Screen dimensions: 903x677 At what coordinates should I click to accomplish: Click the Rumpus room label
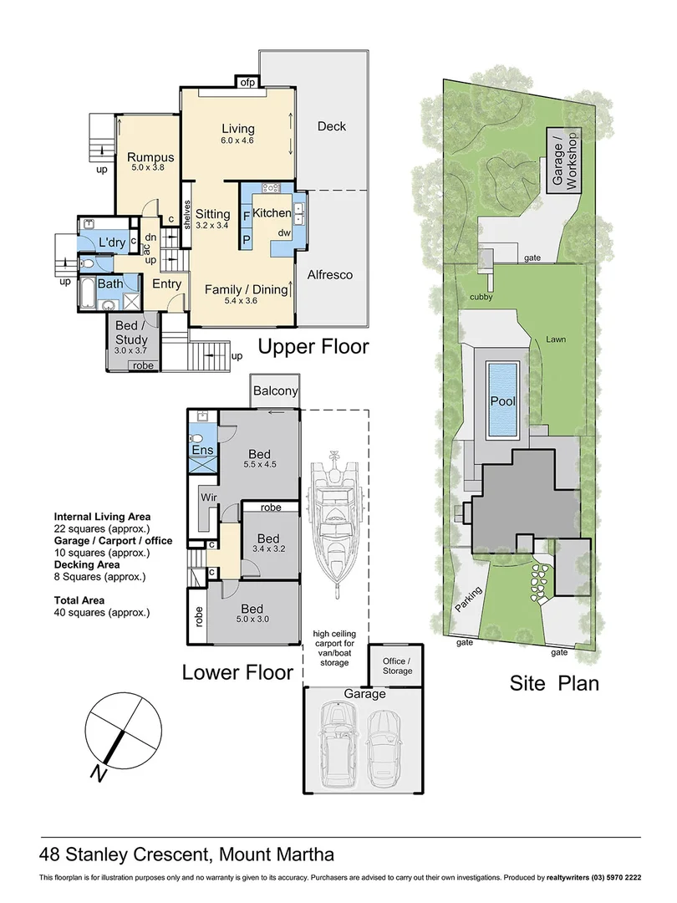click(151, 157)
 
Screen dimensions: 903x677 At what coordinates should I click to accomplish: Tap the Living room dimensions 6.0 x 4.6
click(237, 140)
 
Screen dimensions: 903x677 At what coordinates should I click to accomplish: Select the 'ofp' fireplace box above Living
click(247, 82)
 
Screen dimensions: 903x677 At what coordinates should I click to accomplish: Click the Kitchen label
click(272, 213)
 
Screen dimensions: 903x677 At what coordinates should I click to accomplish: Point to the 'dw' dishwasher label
click(283, 232)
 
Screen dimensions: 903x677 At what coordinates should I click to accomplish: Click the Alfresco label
click(330, 274)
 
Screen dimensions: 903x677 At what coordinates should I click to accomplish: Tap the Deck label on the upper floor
click(331, 126)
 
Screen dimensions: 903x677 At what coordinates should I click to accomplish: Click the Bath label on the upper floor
click(110, 284)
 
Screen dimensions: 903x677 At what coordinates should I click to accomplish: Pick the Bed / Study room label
click(132, 333)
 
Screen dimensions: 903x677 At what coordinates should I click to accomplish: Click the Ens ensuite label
click(203, 451)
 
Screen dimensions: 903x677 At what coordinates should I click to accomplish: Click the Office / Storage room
click(398, 666)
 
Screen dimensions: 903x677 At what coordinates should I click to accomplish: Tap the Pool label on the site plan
click(503, 401)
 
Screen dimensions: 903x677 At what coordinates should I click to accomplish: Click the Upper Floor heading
click(313, 346)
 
